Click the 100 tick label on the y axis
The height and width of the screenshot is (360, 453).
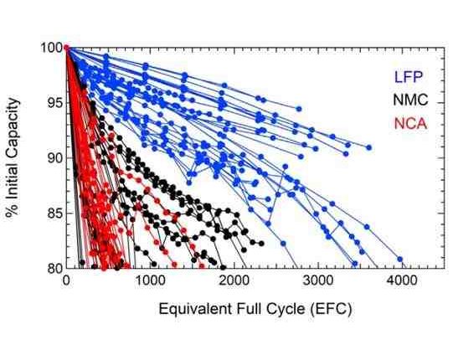(x=50, y=48)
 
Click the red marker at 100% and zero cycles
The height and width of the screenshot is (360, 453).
(x=65, y=48)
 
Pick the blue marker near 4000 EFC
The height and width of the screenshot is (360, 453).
(x=399, y=260)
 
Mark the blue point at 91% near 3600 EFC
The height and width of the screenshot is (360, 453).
(x=368, y=147)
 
